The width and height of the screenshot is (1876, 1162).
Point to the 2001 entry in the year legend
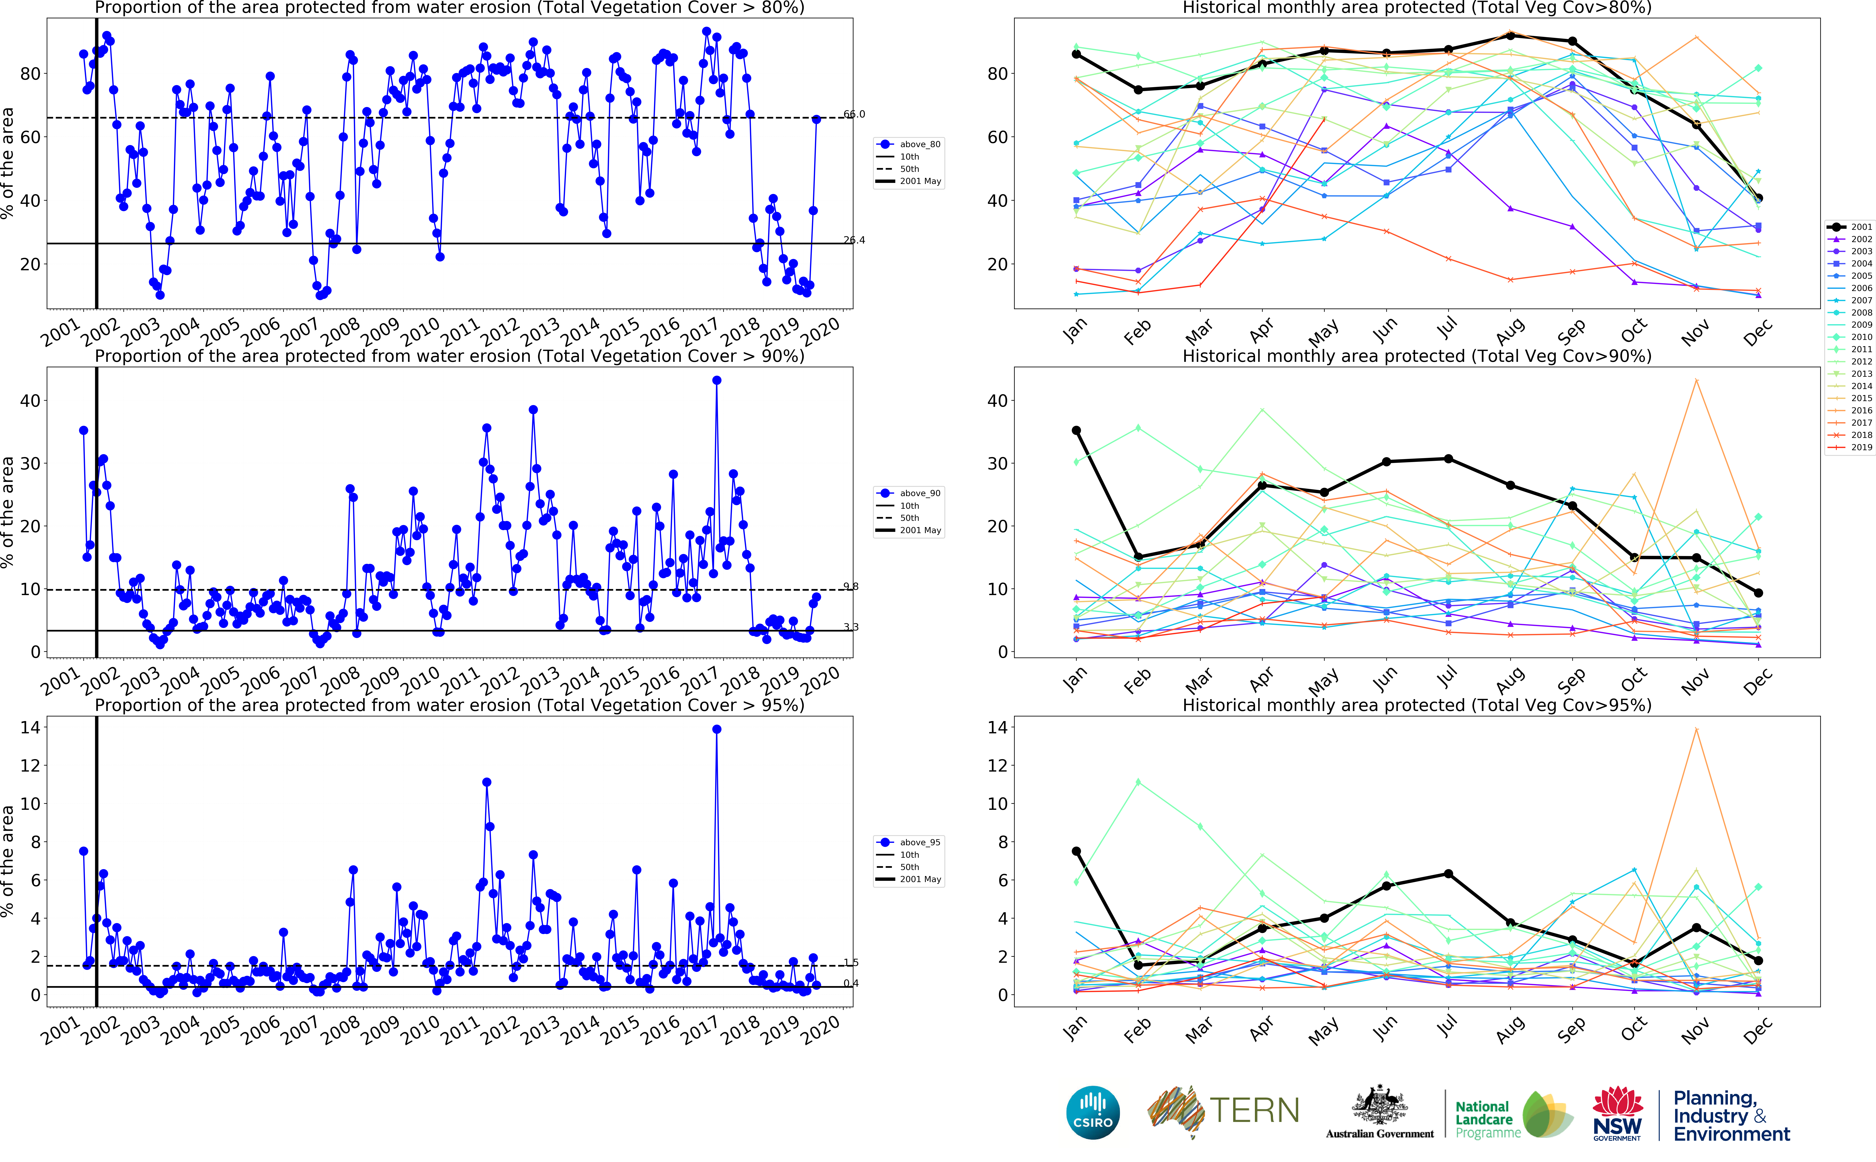pos(1861,227)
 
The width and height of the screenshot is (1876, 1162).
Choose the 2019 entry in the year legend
pos(1861,447)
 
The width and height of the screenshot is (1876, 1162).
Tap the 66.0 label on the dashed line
pos(854,114)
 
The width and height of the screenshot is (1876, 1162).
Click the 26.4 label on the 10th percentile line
pos(854,240)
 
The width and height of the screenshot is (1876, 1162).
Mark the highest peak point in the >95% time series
pos(716,729)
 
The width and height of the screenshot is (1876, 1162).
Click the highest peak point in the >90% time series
pos(716,380)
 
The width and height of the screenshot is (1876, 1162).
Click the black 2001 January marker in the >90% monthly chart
pos(1076,430)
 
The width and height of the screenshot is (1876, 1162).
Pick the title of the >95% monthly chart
pos(1416,705)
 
